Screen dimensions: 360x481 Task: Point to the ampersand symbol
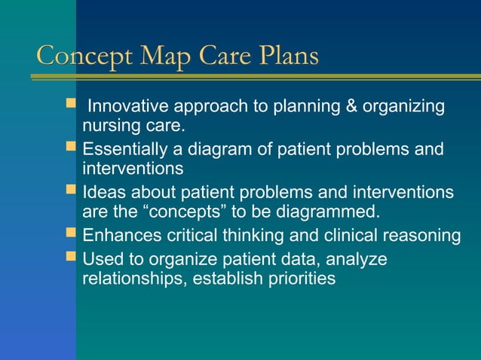[x=351, y=107]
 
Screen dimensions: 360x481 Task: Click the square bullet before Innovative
[x=72, y=106]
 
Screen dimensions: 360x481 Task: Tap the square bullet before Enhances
[x=72, y=235]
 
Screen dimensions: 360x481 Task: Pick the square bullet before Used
[x=72, y=259]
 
